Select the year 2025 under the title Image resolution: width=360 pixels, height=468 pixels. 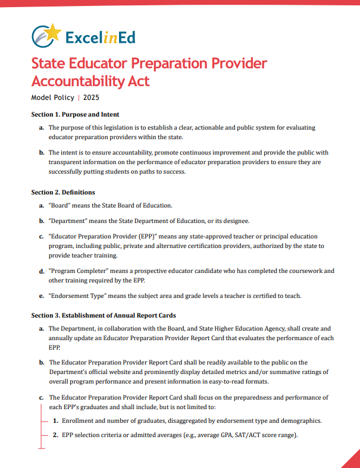point(91,97)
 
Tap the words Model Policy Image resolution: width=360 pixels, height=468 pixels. point(53,97)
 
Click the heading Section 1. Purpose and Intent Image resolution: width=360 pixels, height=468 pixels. point(75,114)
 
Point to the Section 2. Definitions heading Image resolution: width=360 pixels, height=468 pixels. point(63,192)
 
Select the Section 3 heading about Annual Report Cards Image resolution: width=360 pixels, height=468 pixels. point(103,315)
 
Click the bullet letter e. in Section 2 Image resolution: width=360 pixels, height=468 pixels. point(41,296)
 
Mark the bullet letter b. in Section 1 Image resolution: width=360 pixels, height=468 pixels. point(41,152)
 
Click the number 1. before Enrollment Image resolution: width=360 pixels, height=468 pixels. point(55,420)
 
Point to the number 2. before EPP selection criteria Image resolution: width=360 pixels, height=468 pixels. point(55,435)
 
